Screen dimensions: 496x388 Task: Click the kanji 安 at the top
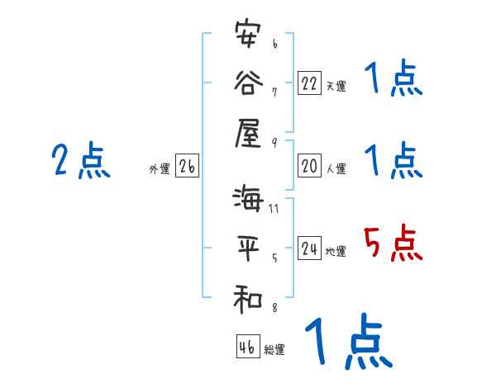[249, 37]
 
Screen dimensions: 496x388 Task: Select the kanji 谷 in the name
[249, 82]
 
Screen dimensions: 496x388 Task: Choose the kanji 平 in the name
[249, 248]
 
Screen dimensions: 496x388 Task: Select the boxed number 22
[309, 83]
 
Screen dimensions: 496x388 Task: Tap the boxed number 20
[309, 166]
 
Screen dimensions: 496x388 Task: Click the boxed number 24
[309, 248]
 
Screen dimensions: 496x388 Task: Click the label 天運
[335, 86]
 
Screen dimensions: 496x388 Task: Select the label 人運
[335, 168]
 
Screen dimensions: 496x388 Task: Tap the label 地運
[335, 251]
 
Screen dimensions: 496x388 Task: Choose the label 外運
[159, 168]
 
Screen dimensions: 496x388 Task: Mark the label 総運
[274, 349]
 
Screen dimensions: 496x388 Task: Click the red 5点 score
[393, 244]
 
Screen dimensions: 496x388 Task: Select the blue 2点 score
[80, 161]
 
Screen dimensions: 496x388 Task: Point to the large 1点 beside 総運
[347, 343]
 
